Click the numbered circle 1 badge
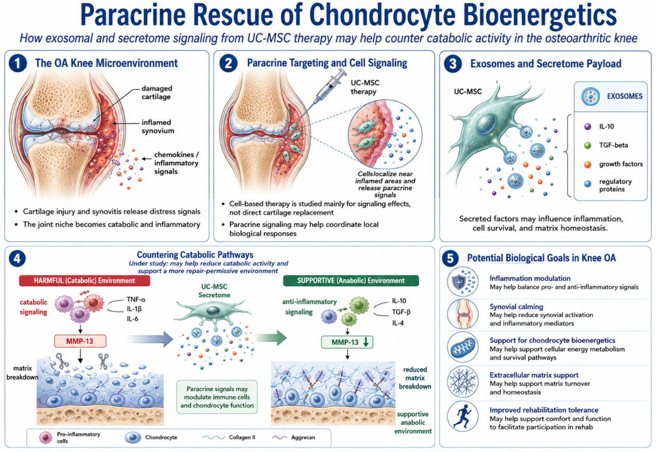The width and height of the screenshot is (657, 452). [18, 64]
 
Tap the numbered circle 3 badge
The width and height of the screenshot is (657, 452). [453, 64]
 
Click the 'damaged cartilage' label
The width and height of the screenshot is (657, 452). [156, 93]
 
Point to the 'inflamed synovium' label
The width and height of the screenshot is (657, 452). [158, 127]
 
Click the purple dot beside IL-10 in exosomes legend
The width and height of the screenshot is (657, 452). [588, 127]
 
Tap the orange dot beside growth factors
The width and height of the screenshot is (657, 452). [588, 164]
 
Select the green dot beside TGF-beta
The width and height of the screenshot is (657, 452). [588, 145]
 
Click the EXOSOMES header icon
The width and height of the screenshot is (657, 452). [590, 96]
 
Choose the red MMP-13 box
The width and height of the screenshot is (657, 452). [80, 341]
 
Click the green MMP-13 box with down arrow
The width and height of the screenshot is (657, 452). [347, 342]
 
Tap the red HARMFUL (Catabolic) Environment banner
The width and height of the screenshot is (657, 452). [85, 281]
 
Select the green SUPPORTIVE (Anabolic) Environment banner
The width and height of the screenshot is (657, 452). [351, 281]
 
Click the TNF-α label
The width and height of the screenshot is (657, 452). [136, 299]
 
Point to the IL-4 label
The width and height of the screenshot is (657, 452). [398, 323]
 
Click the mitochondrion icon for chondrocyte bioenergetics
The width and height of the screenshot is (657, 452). [463, 348]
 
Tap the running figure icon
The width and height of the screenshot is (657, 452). [462, 416]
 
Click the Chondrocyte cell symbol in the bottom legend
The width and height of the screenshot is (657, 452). [133, 438]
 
